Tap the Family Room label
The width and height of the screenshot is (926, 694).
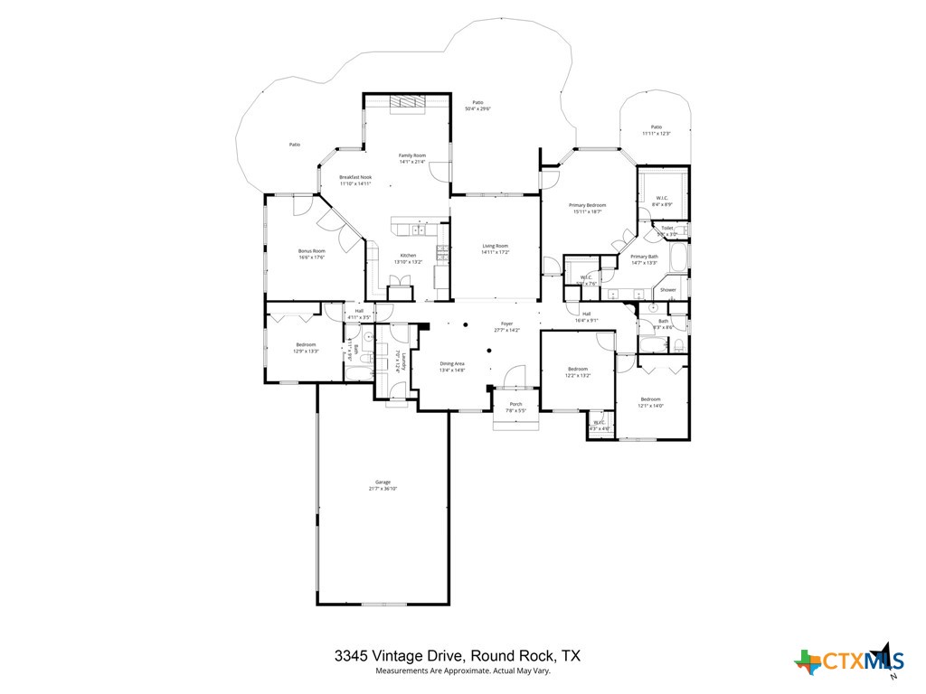coord(412,155)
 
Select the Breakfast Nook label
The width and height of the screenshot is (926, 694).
coord(355,177)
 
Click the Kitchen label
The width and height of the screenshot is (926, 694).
coord(408,256)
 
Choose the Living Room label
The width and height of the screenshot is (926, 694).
coord(495,246)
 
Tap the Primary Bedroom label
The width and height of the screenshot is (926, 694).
coord(587,205)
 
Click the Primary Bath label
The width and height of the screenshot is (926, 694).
coord(644,257)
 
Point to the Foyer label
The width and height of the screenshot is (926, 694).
coord(506,324)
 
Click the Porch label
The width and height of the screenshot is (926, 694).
coord(515,404)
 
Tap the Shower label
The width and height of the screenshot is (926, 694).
coord(668,290)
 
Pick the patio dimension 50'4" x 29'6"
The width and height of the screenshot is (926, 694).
coord(477,109)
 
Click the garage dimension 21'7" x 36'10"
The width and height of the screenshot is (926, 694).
coord(383,489)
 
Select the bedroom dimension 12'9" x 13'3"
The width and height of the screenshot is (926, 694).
coord(306,352)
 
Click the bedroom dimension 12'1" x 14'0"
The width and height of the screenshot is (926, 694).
coord(651,406)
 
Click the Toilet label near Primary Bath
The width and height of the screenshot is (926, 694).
coord(666,228)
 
